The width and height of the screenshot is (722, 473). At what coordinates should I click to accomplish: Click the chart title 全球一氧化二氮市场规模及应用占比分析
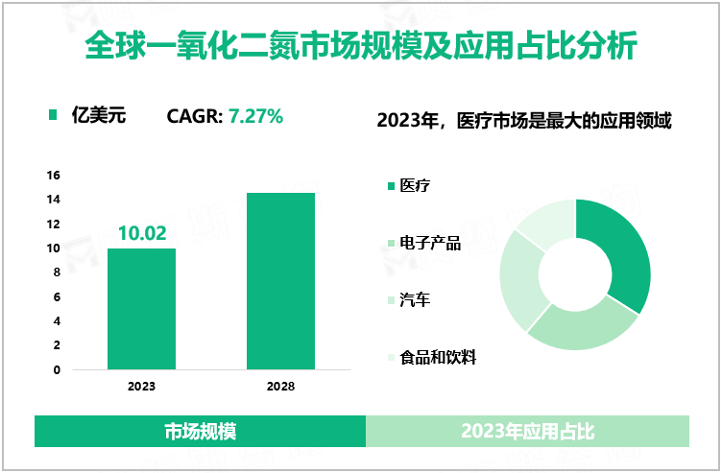(x=361, y=46)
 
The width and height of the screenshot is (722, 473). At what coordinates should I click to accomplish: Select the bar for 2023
(x=141, y=309)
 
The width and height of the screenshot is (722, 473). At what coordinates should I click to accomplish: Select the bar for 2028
(x=280, y=281)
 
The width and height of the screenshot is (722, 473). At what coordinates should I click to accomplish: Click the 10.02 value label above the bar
(x=142, y=233)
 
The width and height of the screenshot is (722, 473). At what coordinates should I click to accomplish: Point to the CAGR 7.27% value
(x=254, y=117)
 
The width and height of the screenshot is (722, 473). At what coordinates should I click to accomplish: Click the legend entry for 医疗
(x=415, y=185)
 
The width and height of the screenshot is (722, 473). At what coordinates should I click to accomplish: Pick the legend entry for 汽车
(x=415, y=300)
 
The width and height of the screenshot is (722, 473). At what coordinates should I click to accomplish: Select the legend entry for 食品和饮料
(x=438, y=358)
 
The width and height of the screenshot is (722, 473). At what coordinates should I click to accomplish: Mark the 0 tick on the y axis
(x=57, y=369)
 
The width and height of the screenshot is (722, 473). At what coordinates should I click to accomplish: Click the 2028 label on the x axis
(x=280, y=387)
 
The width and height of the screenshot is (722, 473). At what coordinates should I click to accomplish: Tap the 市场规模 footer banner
(x=200, y=432)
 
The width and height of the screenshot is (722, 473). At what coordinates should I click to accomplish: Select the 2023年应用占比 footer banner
(x=527, y=432)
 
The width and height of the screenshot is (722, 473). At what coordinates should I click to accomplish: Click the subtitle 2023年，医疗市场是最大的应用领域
(x=523, y=121)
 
